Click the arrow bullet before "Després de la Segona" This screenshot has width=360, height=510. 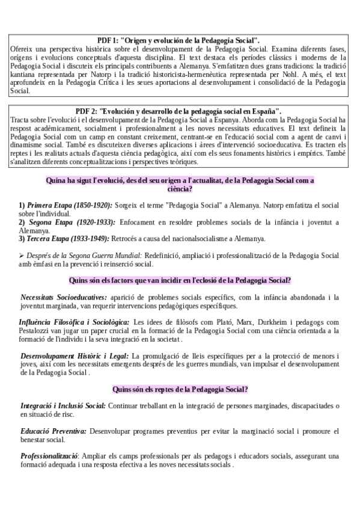click(21, 256)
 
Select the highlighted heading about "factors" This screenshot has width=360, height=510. click(180, 280)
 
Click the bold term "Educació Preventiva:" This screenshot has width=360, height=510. click(53, 431)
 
